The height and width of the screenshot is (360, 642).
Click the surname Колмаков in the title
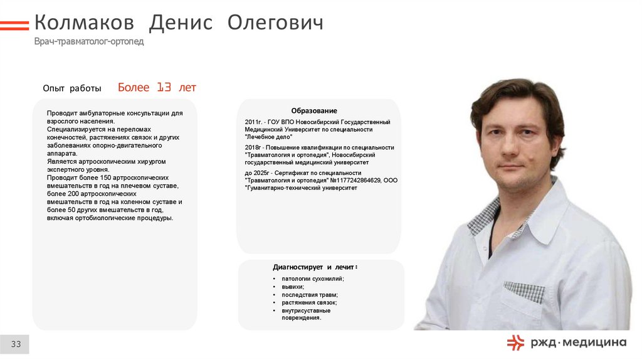click(84, 24)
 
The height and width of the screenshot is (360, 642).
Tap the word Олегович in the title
click(275, 24)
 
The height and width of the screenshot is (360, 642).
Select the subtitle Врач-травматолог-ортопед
click(89, 41)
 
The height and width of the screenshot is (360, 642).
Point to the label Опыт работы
click(71, 88)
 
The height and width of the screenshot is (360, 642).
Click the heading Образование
click(313, 110)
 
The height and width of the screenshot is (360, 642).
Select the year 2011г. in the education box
click(254, 122)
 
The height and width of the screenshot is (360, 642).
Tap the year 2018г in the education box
click(253, 147)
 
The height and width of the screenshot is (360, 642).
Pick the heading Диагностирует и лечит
click(315, 267)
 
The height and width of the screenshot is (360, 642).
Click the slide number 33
click(16, 344)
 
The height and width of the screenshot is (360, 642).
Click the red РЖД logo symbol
click(515, 342)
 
